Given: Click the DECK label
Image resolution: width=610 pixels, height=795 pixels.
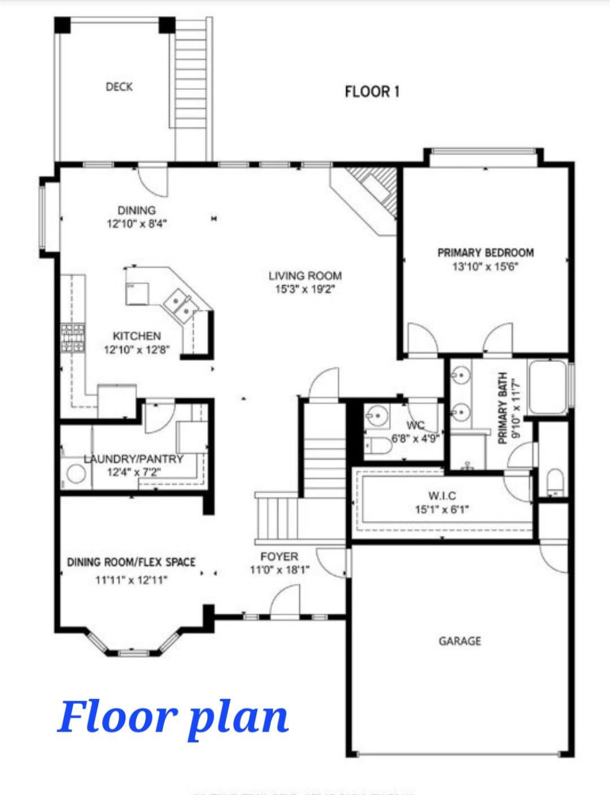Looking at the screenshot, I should (119, 86).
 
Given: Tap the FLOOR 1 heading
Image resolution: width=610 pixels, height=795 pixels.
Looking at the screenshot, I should (372, 91).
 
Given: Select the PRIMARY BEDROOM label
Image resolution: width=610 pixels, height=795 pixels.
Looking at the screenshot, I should (485, 252).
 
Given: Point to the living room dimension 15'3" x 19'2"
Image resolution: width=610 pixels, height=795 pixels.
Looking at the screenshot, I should (305, 290).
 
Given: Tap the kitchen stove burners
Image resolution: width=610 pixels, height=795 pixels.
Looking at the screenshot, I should (73, 338).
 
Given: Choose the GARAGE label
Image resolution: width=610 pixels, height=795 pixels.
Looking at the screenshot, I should (460, 641).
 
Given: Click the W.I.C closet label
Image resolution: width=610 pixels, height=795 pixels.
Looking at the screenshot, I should (442, 496).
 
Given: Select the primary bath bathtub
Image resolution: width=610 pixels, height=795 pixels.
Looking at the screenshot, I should (547, 387).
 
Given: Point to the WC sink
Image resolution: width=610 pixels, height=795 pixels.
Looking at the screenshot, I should (376, 417).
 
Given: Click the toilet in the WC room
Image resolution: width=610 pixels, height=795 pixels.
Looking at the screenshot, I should (378, 447).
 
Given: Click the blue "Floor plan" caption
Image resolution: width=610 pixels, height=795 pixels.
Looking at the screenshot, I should (173, 717).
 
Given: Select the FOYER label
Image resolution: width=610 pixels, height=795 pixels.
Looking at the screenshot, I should (279, 557).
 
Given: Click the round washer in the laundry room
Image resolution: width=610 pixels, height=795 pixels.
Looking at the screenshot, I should (76, 474).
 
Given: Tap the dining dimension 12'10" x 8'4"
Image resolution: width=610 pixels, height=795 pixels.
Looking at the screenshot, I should (137, 224).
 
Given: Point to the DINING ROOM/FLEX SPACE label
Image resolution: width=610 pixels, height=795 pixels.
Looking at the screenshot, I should (131, 562).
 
